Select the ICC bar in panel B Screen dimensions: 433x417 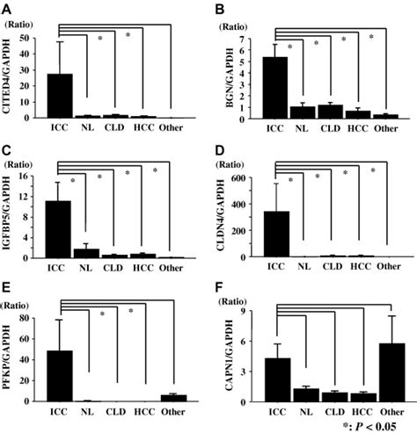(x=274, y=87)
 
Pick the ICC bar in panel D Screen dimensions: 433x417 (x=276, y=234)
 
